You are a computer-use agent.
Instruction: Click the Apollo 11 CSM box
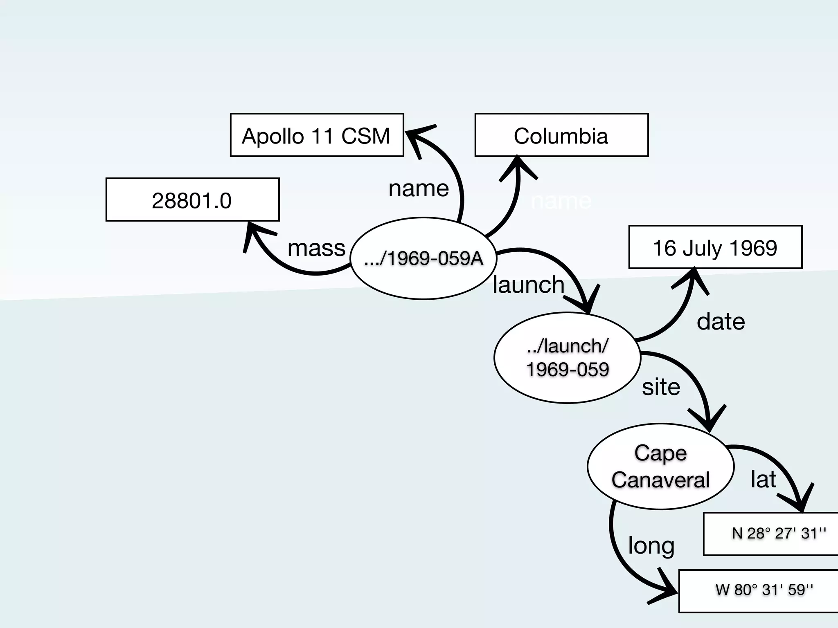[317, 135]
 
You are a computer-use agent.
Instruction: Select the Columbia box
[561, 135]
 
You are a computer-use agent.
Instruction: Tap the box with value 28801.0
[192, 200]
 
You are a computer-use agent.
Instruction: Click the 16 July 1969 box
[715, 247]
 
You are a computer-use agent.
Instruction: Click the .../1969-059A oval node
[424, 258]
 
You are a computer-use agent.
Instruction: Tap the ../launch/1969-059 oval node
[567, 358]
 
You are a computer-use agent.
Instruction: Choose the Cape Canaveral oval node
[660, 467]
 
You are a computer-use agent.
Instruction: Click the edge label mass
[316, 248]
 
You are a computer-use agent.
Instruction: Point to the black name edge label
[419, 188]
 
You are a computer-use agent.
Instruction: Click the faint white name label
[561, 201]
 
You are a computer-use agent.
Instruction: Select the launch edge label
[528, 285]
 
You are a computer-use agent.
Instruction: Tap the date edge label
[721, 321]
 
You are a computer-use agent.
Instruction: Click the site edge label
[661, 387]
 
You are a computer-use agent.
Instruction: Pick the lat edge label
[763, 479]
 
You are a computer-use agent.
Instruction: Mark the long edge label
[651, 545]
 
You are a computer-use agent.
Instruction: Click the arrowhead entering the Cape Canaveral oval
[709, 421]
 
